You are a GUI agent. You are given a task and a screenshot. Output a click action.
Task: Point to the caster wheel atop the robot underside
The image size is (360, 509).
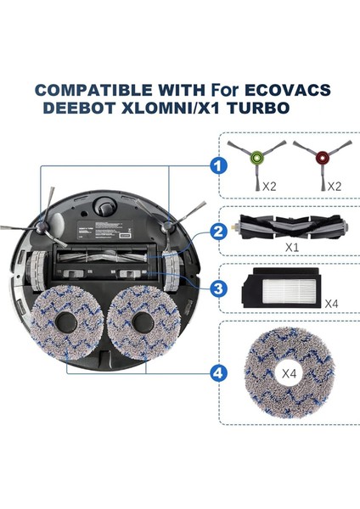click(104, 205)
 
